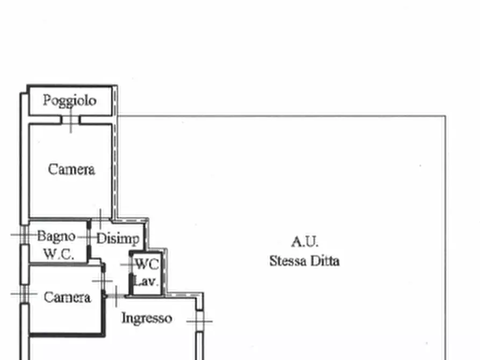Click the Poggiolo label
coord(70,101)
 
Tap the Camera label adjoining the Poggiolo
coord(71,169)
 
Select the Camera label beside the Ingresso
coord(67,297)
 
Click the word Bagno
coord(56,236)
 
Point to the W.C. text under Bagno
coord(59,254)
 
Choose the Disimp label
coord(118,239)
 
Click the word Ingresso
coord(147,318)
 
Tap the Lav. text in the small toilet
coord(146,281)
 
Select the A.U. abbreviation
coord(305,242)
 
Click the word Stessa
coord(288,261)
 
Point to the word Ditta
coord(325,261)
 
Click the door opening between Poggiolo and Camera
coord(70,120)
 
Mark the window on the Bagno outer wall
coord(25,235)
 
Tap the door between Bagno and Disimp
coord(89,237)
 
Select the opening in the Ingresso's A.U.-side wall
coord(199,321)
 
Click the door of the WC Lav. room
coord(131,265)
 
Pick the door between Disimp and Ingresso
coord(116,296)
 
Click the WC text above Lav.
coord(147,264)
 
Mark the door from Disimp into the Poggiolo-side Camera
coord(101,219)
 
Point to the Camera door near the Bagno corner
coord(103,280)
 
